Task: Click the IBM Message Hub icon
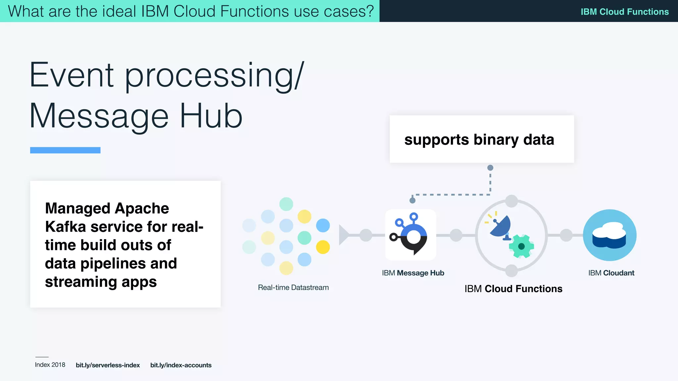coord(411,235)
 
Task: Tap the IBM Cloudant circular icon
coord(609,235)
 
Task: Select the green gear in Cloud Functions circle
coord(521,246)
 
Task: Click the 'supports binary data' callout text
coord(479,140)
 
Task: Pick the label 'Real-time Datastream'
coord(293,287)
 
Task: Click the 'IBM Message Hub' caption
coord(413,273)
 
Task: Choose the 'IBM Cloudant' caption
coord(611,273)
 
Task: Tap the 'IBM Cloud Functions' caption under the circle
coord(513,289)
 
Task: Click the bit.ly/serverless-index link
coord(108,365)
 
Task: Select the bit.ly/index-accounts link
coord(181,365)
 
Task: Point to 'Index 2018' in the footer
coord(50,365)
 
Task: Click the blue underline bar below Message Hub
coord(65,150)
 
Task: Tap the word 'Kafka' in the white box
coord(65,227)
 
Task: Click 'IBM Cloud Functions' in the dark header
coord(624,12)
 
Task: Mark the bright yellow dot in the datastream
coord(323,247)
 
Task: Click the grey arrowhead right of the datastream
coord(344,235)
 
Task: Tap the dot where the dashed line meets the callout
coord(490,168)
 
